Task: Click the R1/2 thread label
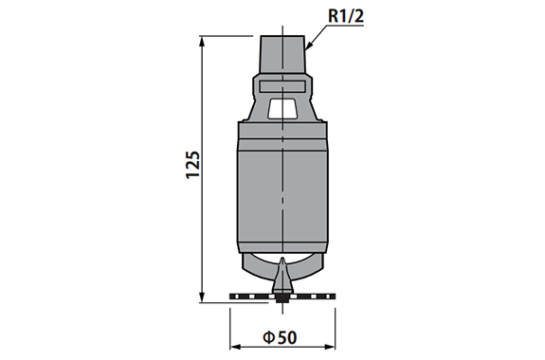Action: (x=346, y=16)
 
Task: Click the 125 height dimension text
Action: (x=193, y=165)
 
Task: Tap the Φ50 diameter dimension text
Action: (x=280, y=337)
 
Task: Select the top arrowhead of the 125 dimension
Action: (x=202, y=42)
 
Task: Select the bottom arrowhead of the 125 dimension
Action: (x=202, y=297)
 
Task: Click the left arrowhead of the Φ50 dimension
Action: (x=236, y=347)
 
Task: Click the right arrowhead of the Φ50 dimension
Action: (x=330, y=347)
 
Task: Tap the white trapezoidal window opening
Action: (x=282, y=108)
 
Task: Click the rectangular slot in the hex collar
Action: (x=282, y=86)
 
